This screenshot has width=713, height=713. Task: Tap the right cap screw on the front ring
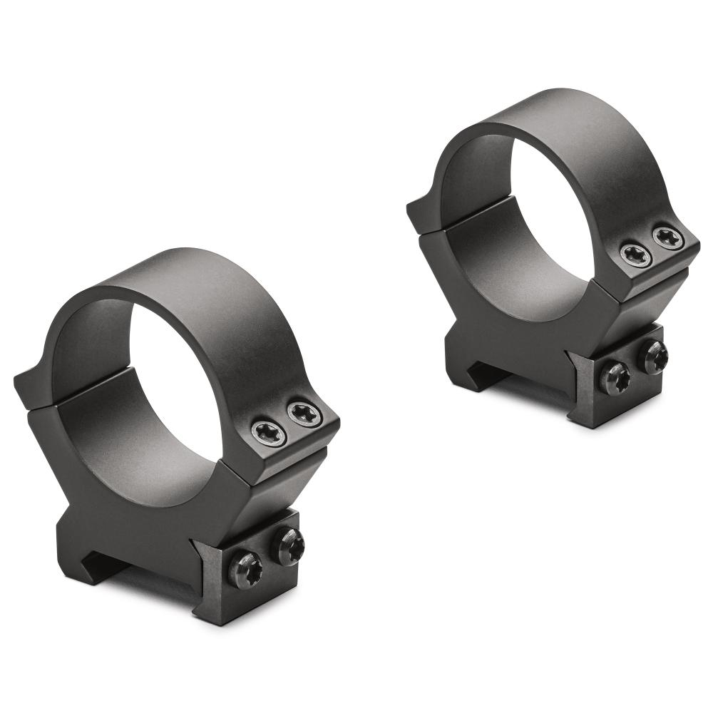coord(304,414)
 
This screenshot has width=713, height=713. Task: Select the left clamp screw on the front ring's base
coord(245,570)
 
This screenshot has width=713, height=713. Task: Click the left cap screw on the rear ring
coord(635,255)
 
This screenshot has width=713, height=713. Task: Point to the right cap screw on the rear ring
coord(668,238)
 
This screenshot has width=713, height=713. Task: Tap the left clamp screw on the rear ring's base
coord(614,377)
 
